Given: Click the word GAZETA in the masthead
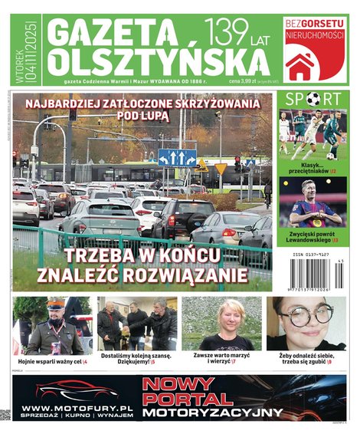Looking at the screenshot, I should [116, 32].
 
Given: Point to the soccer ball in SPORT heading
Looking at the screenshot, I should [313, 99].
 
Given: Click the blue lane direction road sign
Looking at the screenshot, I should [177, 157].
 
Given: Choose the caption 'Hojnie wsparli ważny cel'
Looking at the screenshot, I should [52, 360].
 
